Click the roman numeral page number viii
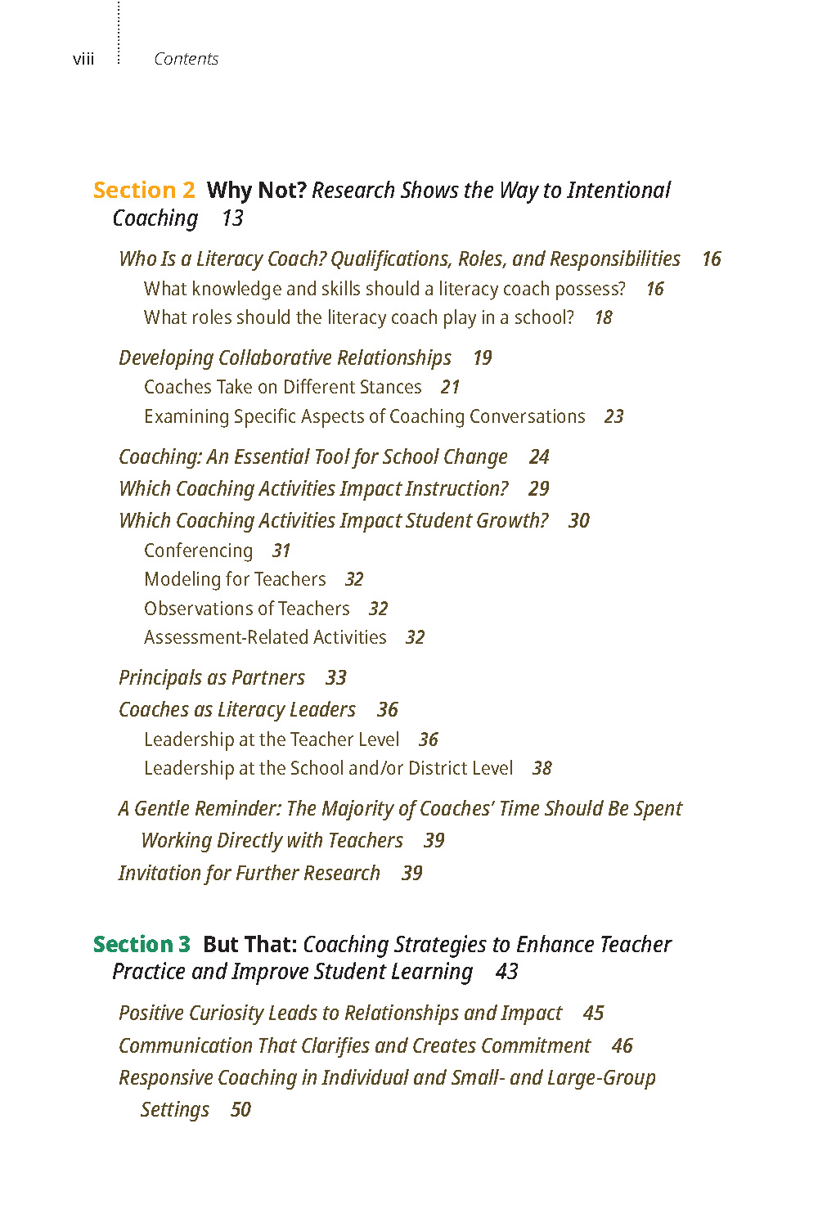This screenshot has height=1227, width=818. [x=83, y=59]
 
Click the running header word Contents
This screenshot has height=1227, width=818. [x=186, y=59]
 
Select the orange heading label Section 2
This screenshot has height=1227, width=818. [x=144, y=190]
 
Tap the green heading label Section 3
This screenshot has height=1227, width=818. [x=142, y=944]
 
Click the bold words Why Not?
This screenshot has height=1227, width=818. [x=256, y=190]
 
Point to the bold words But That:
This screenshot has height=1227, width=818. [x=249, y=944]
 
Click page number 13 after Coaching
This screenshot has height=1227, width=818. [x=232, y=218]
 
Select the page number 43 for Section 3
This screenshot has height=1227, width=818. [x=506, y=972]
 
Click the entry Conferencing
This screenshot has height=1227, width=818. [x=198, y=551]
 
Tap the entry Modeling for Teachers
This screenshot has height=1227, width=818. [x=235, y=579]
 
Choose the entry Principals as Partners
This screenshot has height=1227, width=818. [x=211, y=677]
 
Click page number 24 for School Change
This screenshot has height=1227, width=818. [x=539, y=456]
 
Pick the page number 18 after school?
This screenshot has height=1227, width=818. [x=603, y=317]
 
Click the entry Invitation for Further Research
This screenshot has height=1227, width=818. [x=249, y=873]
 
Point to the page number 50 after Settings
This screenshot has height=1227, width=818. [x=240, y=1110]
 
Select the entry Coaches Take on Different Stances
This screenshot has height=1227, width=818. [x=282, y=387]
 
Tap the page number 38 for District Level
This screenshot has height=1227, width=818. [x=542, y=768]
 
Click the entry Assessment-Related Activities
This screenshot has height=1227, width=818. [x=265, y=637]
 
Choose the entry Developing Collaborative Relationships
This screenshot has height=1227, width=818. [x=285, y=357]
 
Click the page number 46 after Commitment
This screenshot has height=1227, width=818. [x=622, y=1045]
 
